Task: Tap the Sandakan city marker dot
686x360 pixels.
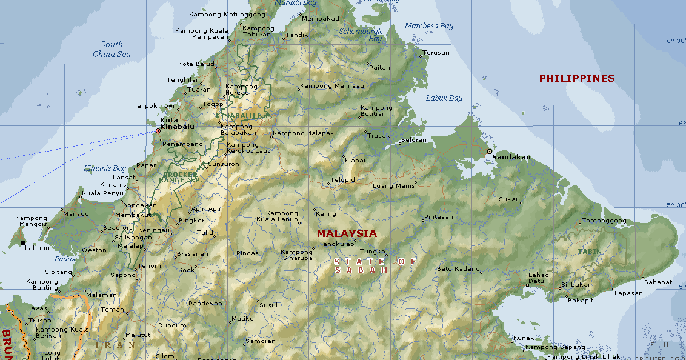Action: tap(489, 151)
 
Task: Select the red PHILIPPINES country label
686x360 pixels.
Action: tap(577, 78)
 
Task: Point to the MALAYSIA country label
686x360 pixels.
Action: tap(347, 233)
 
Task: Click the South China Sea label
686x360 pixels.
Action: tap(112, 49)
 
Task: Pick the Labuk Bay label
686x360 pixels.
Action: tap(444, 98)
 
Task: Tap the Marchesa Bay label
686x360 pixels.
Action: tap(429, 26)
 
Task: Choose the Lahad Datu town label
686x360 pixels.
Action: tap(538, 278)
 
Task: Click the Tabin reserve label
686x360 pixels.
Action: tap(590, 251)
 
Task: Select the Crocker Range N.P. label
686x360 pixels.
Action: tap(180, 176)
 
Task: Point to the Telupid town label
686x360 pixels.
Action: tap(343, 180)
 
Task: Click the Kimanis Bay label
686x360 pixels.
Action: tap(105, 168)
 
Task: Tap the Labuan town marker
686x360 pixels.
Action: tap(23, 243)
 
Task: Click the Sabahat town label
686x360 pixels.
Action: tap(658, 282)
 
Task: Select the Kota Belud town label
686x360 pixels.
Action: tap(196, 64)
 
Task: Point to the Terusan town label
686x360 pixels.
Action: tap(436, 53)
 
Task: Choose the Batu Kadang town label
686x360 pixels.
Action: tap(458, 269)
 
